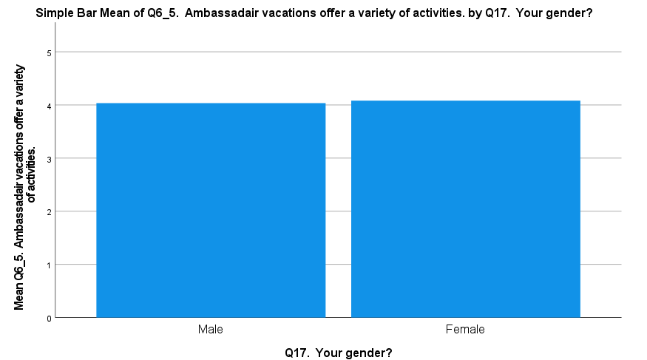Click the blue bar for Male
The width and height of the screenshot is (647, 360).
tap(211, 211)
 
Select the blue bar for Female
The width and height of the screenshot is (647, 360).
tap(465, 209)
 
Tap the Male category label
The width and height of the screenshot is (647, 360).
tap(211, 329)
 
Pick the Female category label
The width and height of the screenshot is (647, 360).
tap(465, 329)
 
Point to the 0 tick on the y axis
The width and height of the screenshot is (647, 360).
tap(49, 319)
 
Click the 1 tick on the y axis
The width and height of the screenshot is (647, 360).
tap(49, 265)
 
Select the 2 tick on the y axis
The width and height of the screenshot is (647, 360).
tap(49, 212)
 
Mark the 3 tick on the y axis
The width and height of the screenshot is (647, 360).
tap(49, 159)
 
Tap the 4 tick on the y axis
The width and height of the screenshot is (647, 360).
tap(49, 106)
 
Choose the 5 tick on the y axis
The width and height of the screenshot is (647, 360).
tap(49, 52)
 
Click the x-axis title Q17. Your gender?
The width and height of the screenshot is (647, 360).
tap(339, 353)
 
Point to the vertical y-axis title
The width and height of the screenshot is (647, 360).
tap(24, 187)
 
